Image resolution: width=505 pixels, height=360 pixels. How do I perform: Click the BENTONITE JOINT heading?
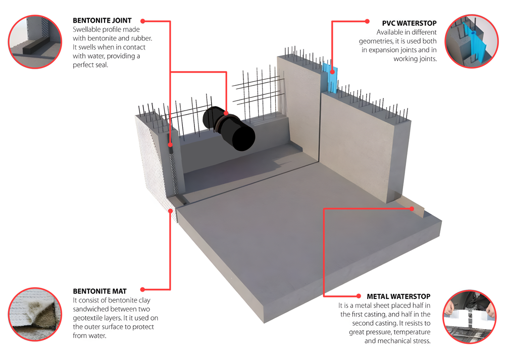[102, 21]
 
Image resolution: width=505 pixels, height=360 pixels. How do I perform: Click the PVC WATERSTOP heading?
[409, 23]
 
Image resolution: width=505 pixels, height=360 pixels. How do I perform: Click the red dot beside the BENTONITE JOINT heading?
[143, 21]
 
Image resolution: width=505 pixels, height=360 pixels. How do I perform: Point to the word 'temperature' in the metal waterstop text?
[411, 332]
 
